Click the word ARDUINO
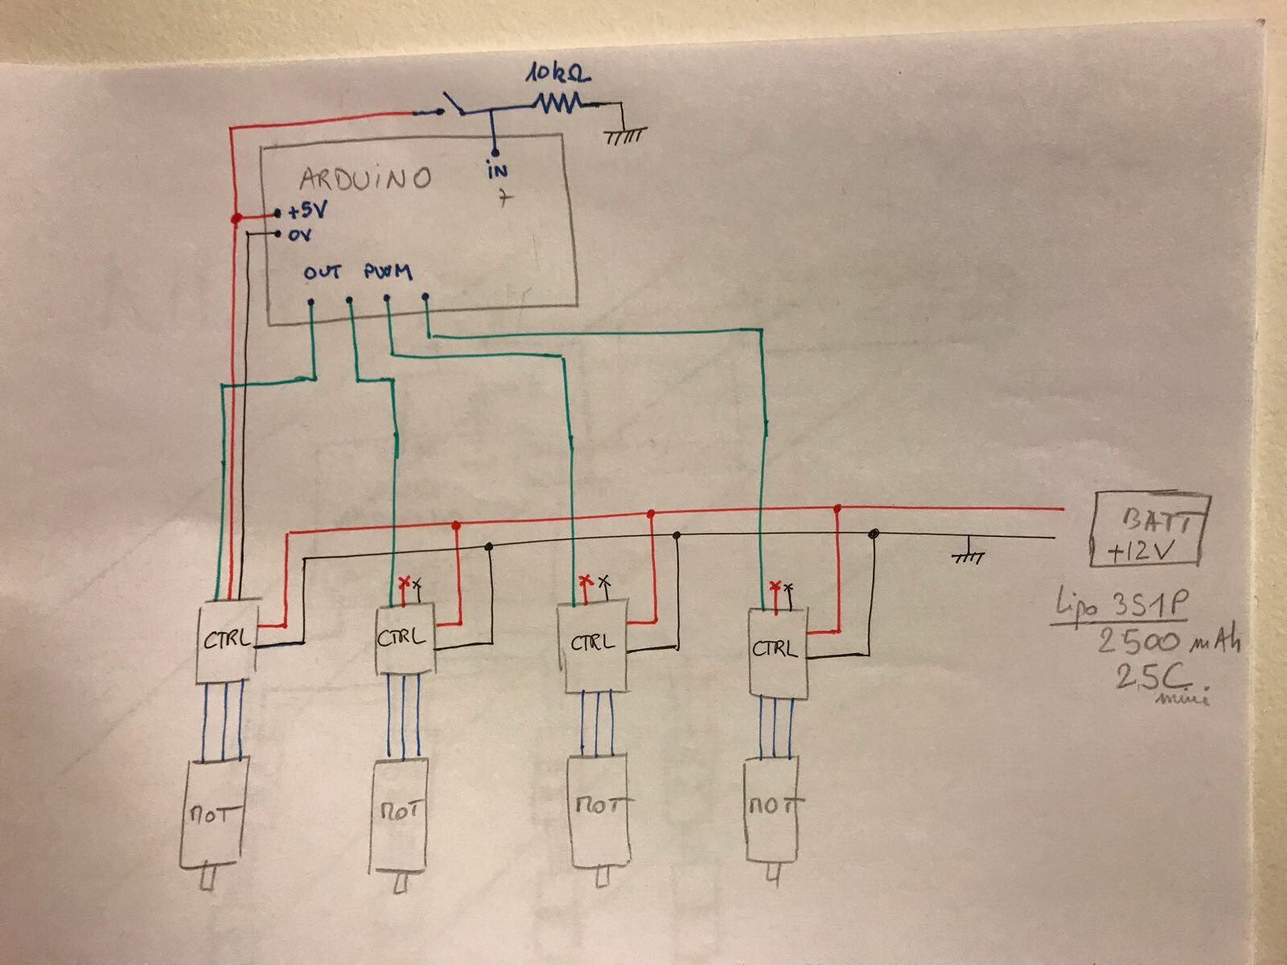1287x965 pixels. [366, 178]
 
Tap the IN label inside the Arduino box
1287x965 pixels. [497, 170]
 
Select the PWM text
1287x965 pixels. [388, 273]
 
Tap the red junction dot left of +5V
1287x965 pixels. [236, 219]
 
